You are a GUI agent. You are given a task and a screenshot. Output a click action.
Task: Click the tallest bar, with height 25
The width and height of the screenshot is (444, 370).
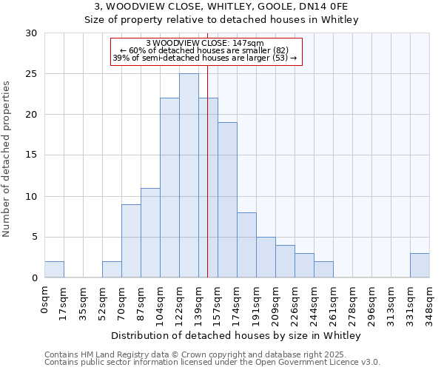coord(189,175)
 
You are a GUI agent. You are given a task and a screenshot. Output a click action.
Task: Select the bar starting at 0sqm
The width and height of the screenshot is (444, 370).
coord(54,269)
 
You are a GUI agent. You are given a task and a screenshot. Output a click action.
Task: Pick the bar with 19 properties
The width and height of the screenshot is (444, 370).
coord(227,200)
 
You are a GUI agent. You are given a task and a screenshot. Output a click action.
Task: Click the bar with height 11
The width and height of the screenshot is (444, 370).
coord(150,232)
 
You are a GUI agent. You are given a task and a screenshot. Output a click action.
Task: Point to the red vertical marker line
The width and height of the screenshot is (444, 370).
coord(208,185)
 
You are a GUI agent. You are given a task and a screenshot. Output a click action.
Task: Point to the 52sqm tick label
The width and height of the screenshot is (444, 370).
coord(103,299)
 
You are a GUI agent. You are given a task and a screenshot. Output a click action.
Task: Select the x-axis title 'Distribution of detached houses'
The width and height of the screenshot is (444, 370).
coord(236,336)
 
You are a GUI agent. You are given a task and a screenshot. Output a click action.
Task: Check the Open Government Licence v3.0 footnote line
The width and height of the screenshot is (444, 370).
coord(212,363)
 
